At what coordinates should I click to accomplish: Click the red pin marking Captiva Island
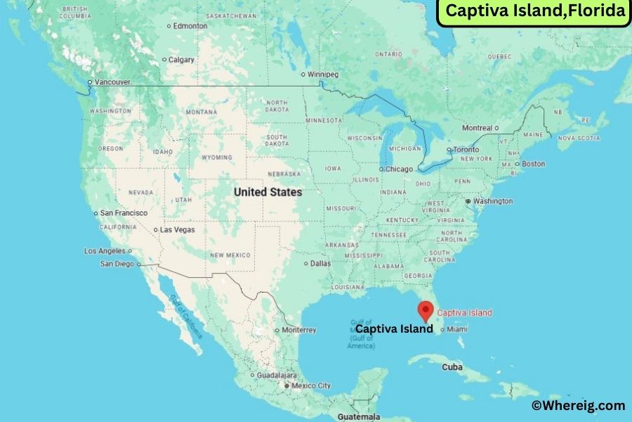(x=425, y=310)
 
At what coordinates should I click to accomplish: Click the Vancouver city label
(x=114, y=82)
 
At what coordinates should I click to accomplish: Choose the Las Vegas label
(x=178, y=229)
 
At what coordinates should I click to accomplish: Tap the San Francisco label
(x=124, y=213)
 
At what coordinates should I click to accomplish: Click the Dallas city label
(x=321, y=264)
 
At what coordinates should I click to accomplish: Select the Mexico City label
(x=312, y=385)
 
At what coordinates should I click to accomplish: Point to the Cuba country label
(x=452, y=367)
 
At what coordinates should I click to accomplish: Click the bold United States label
(x=268, y=192)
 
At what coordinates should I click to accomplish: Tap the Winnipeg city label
(x=323, y=75)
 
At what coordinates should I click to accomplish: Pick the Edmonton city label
(x=191, y=26)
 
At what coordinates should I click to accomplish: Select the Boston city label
(x=533, y=164)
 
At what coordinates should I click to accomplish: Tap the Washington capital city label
(x=492, y=201)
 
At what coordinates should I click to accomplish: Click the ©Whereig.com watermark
(x=577, y=405)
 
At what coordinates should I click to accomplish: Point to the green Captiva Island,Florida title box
(x=534, y=12)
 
